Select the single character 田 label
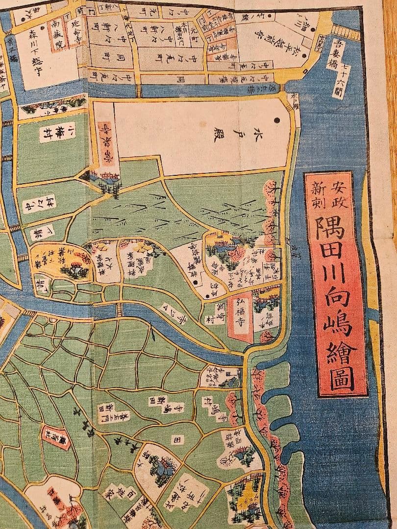coord(177,440)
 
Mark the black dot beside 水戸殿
coord(277,120)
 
